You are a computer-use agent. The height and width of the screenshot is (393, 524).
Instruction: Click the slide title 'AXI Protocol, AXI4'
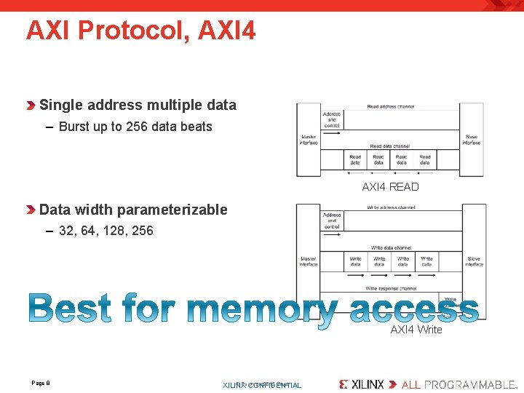140,31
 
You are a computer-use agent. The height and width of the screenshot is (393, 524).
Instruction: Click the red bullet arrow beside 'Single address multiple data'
31,106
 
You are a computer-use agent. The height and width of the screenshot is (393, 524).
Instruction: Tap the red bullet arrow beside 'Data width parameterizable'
31,210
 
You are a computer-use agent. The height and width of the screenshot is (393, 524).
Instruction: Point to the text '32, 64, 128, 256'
106,231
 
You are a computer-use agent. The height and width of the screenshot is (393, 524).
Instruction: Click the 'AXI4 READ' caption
391,187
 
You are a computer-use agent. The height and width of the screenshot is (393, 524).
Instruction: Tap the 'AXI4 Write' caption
416,330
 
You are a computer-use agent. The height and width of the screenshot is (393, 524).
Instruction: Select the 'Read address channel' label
391,107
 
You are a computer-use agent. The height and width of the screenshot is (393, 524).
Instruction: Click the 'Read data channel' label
391,146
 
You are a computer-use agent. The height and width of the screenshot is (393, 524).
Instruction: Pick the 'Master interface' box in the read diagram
309,140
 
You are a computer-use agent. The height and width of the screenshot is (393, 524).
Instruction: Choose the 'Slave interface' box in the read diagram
472,140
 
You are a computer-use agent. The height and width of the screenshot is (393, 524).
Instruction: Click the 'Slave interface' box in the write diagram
474,262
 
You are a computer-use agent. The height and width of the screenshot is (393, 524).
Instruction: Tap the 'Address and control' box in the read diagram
332,119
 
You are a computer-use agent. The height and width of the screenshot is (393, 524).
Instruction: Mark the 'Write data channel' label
391,248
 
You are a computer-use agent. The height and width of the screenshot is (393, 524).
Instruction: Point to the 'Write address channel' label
391,207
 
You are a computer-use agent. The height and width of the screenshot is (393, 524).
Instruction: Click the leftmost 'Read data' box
355,160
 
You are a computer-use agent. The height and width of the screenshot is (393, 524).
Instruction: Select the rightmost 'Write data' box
426,261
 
